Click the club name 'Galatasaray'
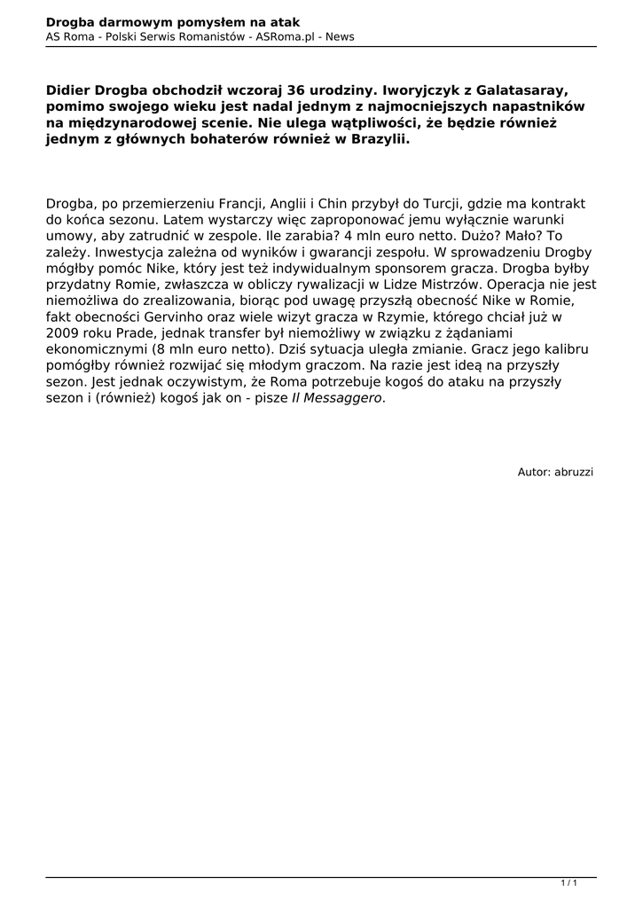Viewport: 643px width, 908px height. [x=520, y=90]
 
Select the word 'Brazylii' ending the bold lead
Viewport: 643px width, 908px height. [x=381, y=141]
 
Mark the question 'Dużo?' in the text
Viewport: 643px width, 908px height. [x=474, y=237]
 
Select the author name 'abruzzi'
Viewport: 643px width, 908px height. [x=575, y=472]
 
